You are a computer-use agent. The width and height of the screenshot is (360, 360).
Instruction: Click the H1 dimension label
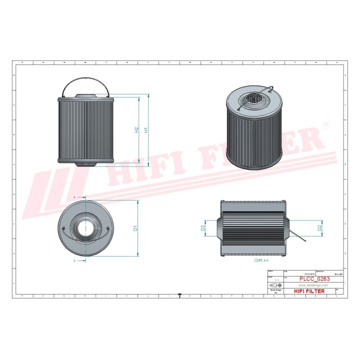(x=146, y=129)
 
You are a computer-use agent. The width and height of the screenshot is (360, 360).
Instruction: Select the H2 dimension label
(x=136, y=129)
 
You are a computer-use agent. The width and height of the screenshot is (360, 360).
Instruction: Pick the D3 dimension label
(x=203, y=228)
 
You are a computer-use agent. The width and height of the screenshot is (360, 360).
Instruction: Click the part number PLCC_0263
(x=314, y=279)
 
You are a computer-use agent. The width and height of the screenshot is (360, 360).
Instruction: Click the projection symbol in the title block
(x=275, y=284)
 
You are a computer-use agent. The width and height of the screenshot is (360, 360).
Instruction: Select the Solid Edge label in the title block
(x=275, y=290)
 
